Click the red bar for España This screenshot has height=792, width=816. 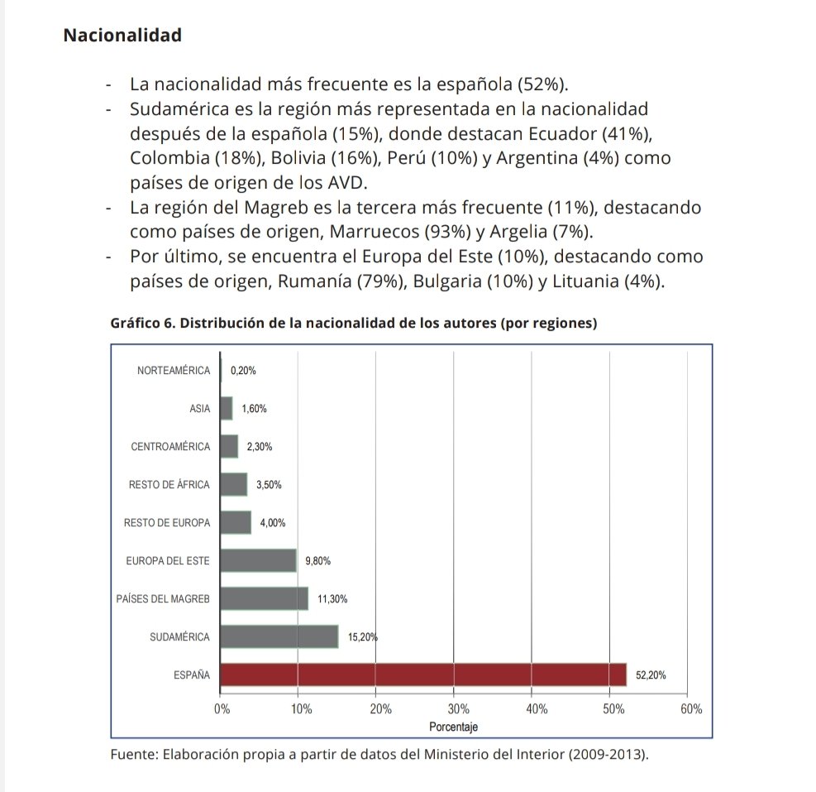pyautogui.click(x=424, y=675)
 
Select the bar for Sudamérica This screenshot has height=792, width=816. pyautogui.click(x=280, y=636)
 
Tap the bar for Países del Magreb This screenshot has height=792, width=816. pyautogui.click(x=265, y=598)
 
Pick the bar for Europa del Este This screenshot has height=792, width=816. pyautogui.click(x=259, y=560)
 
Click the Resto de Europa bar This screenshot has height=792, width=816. pyautogui.click(x=236, y=522)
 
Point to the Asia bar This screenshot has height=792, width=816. pyautogui.click(x=227, y=408)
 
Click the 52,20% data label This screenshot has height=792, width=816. pyautogui.click(x=651, y=675)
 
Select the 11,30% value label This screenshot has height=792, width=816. pyautogui.click(x=332, y=598)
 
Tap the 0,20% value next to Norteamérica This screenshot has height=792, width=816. pyautogui.click(x=243, y=371)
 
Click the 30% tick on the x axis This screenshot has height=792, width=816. pyautogui.click(x=458, y=709)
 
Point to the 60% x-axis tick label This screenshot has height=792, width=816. pyautogui.click(x=691, y=709)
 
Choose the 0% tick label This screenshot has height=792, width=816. pyautogui.click(x=222, y=709)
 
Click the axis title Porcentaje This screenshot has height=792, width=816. pyautogui.click(x=453, y=727)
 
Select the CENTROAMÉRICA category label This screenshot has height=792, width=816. pyautogui.click(x=170, y=447)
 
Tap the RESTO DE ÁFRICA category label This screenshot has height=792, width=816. pyautogui.click(x=169, y=485)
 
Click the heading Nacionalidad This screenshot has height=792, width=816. pyautogui.click(x=122, y=36)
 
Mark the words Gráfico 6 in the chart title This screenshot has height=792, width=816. pyautogui.click(x=141, y=324)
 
